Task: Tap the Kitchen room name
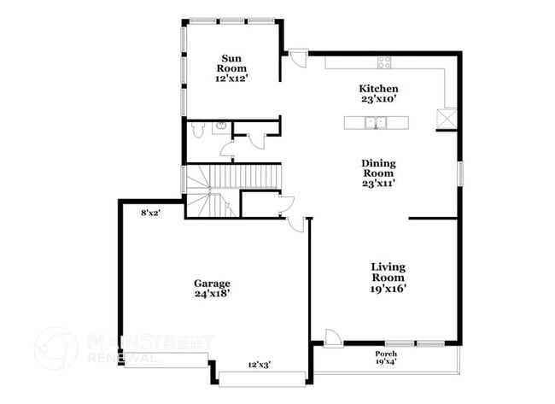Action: pos(378,89)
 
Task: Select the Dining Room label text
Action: pos(378,167)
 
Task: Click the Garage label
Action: pos(212,283)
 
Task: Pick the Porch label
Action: pos(386,353)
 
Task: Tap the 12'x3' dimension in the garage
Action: pos(260,363)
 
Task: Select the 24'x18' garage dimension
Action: pos(212,293)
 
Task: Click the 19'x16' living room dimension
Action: pos(388,288)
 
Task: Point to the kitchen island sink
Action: pos(375,123)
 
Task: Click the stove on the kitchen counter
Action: pos(385,61)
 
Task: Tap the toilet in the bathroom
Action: pos(197,130)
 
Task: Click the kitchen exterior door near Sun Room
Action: pos(295,59)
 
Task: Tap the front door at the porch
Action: pos(333,337)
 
